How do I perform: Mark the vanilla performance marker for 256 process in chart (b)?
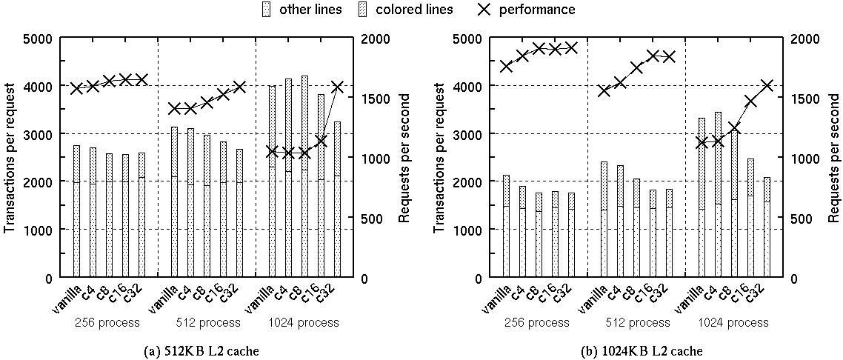click(x=506, y=66)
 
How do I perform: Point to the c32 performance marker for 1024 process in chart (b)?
click(x=767, y=86)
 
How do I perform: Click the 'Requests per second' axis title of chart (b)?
click(x=833, y=158)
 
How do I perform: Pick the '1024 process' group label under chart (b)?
click(x=732, y=323)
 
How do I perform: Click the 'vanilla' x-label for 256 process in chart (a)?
click(x=64, y=300)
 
